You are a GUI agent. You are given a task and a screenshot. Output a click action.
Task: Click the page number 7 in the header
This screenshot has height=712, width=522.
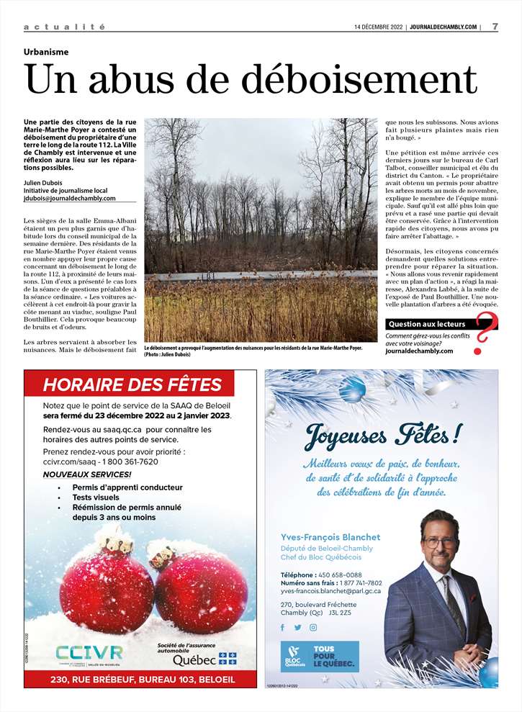tap(495, 27)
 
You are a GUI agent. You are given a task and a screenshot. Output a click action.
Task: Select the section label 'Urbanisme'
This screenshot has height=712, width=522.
tap(46, 53)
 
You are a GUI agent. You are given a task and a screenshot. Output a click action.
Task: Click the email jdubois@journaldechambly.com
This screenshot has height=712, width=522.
tap(69, 199)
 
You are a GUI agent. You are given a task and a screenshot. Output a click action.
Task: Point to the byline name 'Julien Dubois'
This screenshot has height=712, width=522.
tap(44, 181)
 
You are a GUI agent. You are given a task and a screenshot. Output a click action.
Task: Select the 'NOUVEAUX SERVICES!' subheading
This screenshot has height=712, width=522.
tap(87, 474)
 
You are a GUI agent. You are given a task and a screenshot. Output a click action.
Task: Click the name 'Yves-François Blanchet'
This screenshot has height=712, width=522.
tap(330, 537)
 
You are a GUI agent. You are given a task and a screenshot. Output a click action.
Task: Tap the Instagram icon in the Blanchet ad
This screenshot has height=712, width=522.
tap(313, 627)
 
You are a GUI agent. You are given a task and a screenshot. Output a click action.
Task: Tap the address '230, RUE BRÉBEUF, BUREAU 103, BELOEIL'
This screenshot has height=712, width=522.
tap(140, 679)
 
